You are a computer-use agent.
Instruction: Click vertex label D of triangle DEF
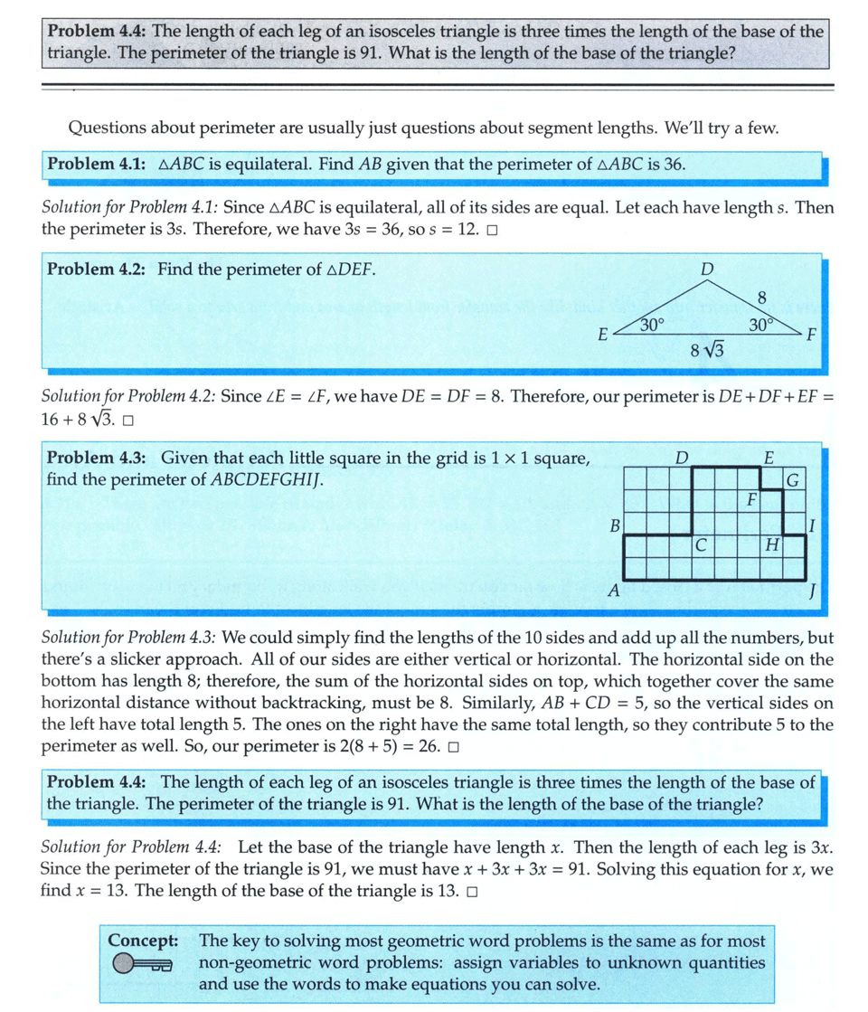coord(707,270)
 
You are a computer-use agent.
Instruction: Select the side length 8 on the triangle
coord(760,297)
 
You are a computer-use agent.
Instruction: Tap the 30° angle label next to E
coord(652,324)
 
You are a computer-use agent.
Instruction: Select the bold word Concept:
coord(143,941)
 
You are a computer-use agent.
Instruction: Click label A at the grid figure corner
coord(612,592)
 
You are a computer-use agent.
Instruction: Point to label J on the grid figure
coord(813,592)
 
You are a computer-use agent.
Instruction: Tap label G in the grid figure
coord(792,478)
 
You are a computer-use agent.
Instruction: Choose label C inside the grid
coord(701,544)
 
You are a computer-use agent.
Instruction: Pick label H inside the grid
coord(771,544)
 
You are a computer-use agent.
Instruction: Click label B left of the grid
coord(614,525)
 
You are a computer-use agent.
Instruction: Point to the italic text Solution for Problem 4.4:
coord(130,847)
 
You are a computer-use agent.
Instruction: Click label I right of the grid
coord(813,525)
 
